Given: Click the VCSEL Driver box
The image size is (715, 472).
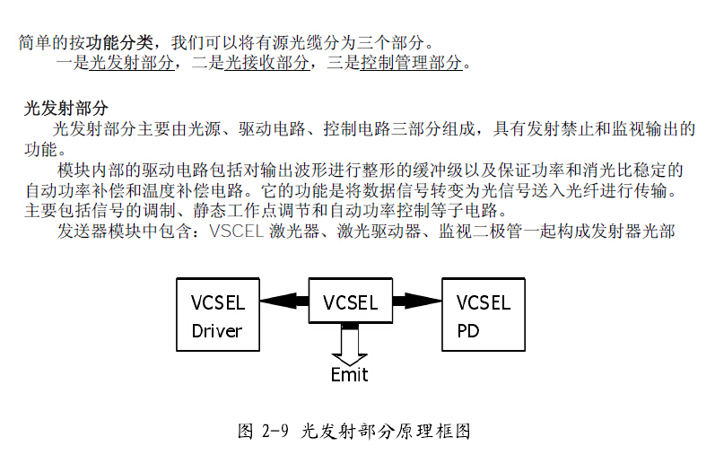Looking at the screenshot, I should click(x=217, y=315).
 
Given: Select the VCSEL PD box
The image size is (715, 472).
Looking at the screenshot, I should click(x=484, y=315).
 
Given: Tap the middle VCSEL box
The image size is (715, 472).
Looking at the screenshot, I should click(x=350, y=302).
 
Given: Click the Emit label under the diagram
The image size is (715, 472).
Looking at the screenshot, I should click(x=349, y=375).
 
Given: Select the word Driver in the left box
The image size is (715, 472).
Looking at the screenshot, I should click(x=217, y=330).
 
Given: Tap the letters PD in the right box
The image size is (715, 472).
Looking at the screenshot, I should click(x=468, y=330).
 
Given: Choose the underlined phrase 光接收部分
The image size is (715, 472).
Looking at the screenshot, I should click(x=267, y=63).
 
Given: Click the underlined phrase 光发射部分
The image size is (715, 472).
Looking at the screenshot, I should click(x=133, y=63).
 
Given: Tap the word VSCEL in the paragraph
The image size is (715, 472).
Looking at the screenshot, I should click(x=236, y=231).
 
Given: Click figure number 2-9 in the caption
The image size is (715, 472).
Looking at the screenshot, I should click(x=275, y=431).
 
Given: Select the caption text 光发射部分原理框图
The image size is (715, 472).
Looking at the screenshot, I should click(x=386, y=431).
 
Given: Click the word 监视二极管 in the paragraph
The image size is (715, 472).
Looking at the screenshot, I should click(x=483, y=231).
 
